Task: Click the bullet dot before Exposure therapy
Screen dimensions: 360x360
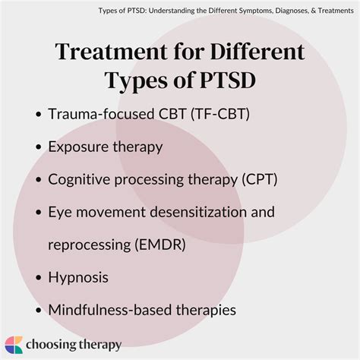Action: click(38, 147)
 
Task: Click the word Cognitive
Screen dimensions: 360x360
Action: click(80, 180)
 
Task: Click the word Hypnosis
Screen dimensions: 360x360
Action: click(78, 277)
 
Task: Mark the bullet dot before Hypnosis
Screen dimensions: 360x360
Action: click(38, 277)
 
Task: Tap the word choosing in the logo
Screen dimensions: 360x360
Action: click(54, 345)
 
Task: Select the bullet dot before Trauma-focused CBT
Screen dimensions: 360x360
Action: click(38, 115)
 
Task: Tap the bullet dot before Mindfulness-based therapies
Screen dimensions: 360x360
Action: click(38, 310)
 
